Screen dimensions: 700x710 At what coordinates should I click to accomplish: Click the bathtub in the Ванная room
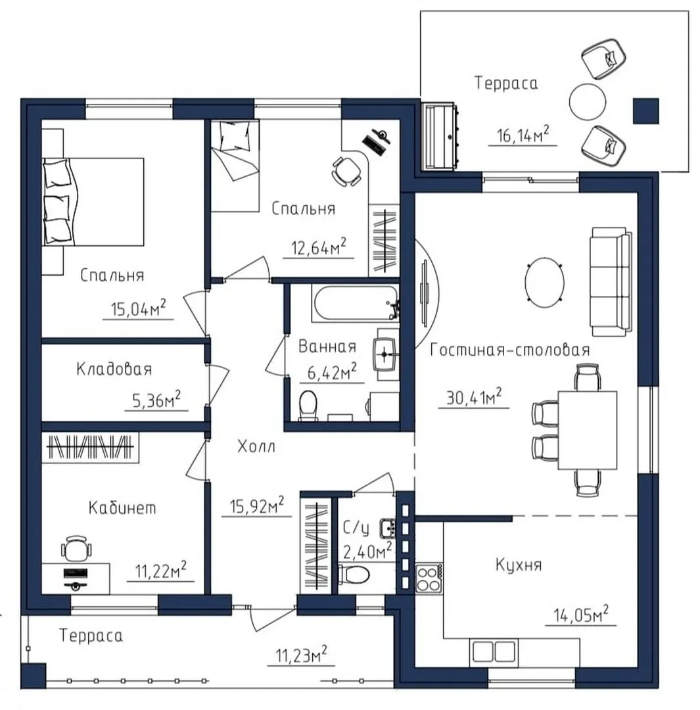tap(355, 303)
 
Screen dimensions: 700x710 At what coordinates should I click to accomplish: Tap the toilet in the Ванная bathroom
tap(308, 404)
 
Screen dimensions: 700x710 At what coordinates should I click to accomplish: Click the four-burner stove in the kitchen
tap(429, 579)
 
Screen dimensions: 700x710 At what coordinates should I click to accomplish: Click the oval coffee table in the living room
tap(544, 282)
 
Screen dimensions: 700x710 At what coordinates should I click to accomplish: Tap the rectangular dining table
tap(588, 430)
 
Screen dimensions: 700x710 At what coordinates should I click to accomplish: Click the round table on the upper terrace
tap(587, 101)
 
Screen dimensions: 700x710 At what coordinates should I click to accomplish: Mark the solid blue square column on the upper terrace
tap(645, 111)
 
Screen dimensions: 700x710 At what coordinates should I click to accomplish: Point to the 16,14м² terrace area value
tap(523, 135)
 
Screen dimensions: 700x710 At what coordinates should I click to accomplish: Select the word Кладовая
tap(114, 369)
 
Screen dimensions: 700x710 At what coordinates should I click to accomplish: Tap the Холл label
tap(256, 446)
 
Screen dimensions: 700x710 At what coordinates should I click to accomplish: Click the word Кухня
tap(519, 565)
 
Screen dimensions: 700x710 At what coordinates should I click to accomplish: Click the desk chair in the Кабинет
tap(76, 549)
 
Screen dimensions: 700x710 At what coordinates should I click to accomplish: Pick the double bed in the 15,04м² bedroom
tap(93, 202)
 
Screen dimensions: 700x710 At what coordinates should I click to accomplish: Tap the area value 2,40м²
tap(367, 551)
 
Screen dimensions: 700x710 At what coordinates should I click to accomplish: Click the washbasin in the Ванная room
tap(385, 353)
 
